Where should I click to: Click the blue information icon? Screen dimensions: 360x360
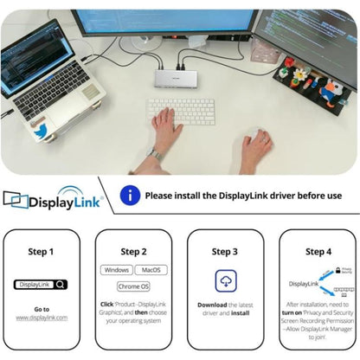point(130,196)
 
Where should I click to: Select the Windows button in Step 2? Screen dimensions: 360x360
point(116,269)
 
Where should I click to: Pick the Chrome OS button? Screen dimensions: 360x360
point(133,286)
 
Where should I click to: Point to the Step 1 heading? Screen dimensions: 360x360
point(41,252)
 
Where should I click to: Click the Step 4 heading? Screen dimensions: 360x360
point(318,252)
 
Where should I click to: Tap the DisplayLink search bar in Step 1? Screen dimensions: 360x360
point(40,283)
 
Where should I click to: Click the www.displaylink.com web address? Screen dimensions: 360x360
point(41,318)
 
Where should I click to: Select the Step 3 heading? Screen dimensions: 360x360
point(225,252)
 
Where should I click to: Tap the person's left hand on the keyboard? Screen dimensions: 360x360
point(167,128)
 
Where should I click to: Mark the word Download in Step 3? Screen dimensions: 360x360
point(211,305)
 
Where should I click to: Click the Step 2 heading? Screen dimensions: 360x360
point(133,252)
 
